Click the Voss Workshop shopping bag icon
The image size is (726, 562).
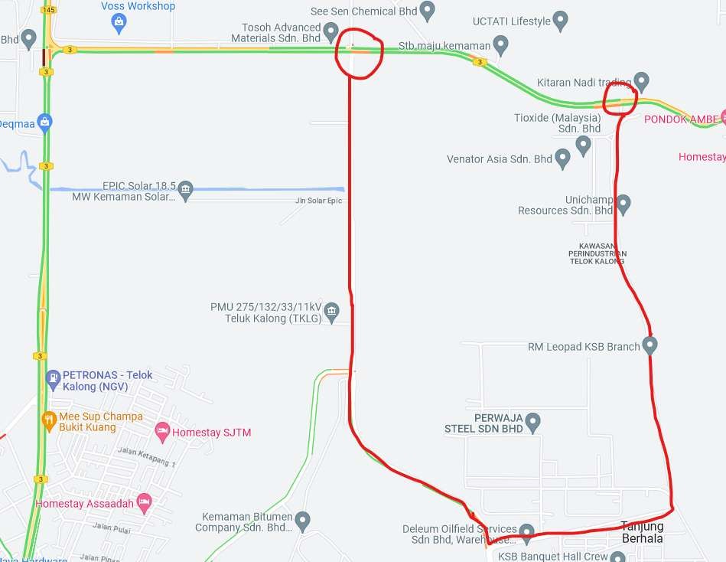[119, 24]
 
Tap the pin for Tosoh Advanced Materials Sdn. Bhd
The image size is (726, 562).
[331, 32]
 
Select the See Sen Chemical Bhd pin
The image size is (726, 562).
[428, 11]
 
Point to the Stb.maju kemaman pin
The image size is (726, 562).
[501, 46]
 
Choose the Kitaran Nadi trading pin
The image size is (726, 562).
[641, 81]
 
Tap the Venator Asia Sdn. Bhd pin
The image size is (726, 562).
[562, 159]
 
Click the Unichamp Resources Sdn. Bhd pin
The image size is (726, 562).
[623, 204]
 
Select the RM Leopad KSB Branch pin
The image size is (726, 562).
[649, 346]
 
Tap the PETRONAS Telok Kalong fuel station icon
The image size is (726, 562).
[52, 378]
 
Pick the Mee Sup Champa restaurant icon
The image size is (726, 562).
[49, 420]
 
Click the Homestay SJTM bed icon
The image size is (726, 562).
[161, 432]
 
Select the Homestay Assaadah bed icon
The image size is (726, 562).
[143, 503]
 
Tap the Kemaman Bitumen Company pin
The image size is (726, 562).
[303, 521]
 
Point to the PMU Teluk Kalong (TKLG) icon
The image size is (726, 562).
[331, 311]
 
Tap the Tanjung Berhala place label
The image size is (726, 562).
[642, 532]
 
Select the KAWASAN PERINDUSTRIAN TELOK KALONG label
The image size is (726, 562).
[597, 253]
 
